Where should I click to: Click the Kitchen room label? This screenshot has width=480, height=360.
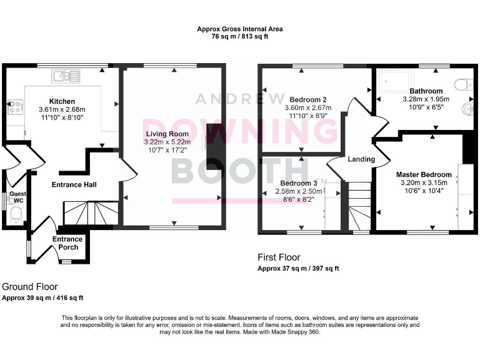coord(62,101)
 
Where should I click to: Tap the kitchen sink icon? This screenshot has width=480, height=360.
coord(66,76)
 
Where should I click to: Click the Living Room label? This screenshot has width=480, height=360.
coord(167,134)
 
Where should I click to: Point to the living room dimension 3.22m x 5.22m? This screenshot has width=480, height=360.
coord(167,142)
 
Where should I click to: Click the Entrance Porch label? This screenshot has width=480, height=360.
coord(67,243)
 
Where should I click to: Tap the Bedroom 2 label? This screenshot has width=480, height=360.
coord(308,99)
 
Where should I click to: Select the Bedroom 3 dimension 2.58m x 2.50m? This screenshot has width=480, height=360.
coord(303,191)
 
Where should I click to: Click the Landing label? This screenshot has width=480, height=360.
coord(361,159)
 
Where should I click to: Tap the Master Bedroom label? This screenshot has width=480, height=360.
coord(424,174)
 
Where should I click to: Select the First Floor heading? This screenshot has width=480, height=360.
coord(279,257)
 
